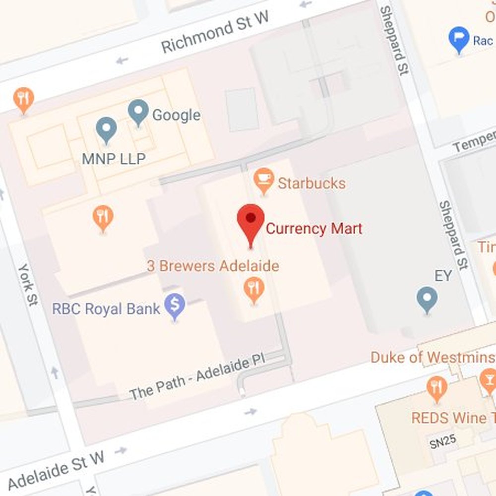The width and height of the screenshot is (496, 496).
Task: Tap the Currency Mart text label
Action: pos(314,229)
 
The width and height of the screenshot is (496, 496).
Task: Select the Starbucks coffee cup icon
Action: pos(263,180)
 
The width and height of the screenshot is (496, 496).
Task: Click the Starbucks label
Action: pos(311,183)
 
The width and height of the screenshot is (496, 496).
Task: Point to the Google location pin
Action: pos(138,112)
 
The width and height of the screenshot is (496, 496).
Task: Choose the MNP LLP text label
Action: pos(114,159)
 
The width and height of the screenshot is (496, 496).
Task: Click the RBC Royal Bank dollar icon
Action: pos(175,306)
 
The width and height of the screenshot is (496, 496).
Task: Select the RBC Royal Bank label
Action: pos(106,309)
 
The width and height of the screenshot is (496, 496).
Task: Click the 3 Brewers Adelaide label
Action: pos(213,266)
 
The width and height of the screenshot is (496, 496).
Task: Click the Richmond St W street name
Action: pos(215,32)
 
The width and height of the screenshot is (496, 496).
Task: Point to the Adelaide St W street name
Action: pos(56,469)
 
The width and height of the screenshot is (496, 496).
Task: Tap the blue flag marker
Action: pos(459,39)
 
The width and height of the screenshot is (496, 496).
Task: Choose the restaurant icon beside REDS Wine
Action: pos(436,388)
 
